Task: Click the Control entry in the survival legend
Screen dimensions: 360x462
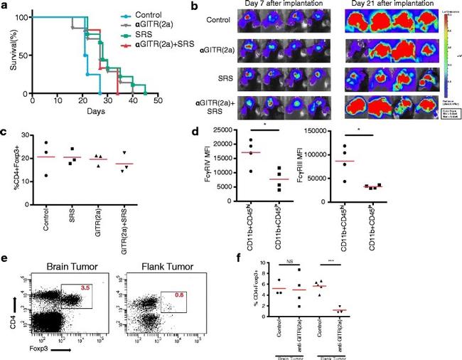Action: pos(150,14)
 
